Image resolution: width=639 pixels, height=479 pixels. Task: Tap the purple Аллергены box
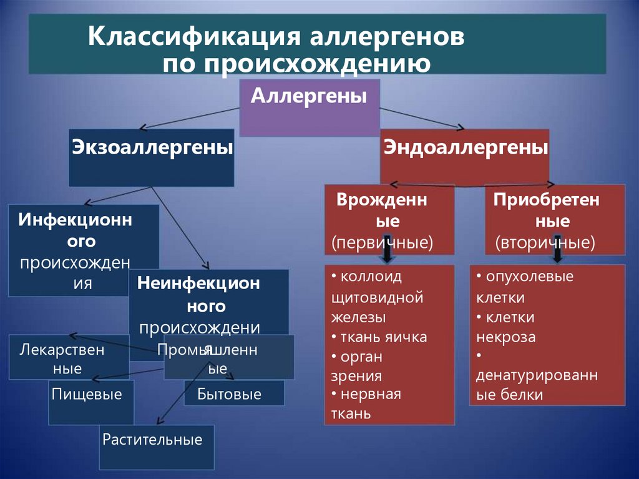pyautogui.click(x=309, y=107)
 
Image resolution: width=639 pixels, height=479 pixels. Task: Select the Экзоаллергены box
pyautogui.click(x=152, y=157)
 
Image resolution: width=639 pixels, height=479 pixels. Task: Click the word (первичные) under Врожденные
pyautogui.click(x=383, y=242)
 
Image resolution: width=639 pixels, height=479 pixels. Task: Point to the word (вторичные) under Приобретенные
pyautogui.click(x=545, y=242)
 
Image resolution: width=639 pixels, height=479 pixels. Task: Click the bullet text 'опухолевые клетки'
pyautogui.click(x=524, y=286)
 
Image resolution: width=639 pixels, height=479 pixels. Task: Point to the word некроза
pyautogui.click(x=506, y=337)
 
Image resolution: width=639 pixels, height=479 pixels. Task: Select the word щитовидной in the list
pyautogui.click(x=379, y=297)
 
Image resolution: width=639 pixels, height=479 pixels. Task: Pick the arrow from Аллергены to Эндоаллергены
pyautogui.click(x=424, y=119)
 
